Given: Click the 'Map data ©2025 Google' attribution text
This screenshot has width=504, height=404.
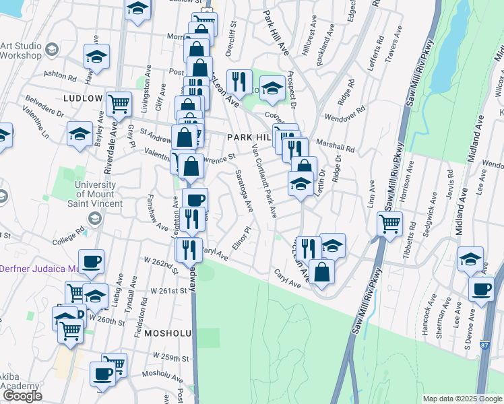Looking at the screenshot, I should coord(462,399).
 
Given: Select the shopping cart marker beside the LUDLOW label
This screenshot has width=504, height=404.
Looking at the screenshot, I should coord(119,103).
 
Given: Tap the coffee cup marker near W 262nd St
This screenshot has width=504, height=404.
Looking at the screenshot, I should coord(91,261).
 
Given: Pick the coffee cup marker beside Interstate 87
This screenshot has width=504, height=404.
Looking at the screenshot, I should coord(481,289).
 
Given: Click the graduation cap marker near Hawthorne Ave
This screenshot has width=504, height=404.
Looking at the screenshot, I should coord(96,56).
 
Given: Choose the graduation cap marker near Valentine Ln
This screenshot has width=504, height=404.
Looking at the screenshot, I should coord(80,133).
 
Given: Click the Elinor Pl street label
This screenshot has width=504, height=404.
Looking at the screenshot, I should coord(241,240).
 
